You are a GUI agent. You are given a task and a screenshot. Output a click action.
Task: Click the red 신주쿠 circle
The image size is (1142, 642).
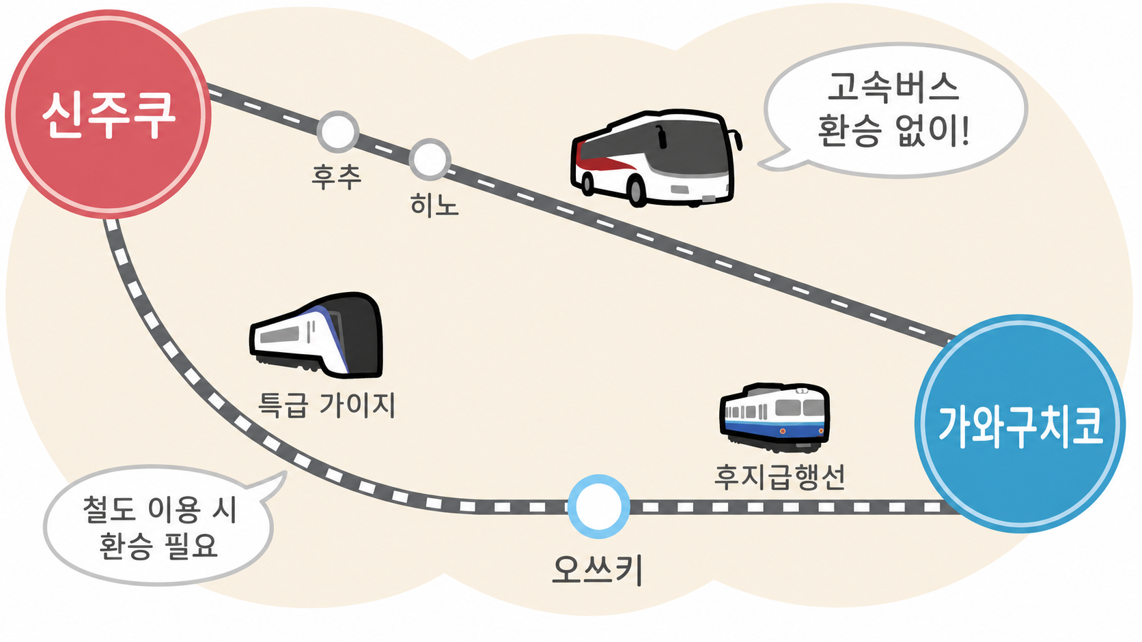click(108, 114)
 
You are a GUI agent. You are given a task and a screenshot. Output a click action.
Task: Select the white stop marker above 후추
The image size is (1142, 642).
click(337, 132)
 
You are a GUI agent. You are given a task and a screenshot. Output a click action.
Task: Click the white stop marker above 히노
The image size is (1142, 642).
click(430, 159)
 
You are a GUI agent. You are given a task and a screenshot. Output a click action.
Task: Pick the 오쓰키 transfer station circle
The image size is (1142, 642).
click(598, 507)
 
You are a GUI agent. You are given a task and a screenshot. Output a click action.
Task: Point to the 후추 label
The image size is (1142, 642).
click(337, 177)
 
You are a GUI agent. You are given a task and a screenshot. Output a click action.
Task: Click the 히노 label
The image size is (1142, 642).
click(434, 205)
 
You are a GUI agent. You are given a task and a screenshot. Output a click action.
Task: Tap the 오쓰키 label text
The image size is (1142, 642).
click(598, 570)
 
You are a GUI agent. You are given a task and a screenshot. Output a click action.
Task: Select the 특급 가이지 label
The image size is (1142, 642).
click(326, 405)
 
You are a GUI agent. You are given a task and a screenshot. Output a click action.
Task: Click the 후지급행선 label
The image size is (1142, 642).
click(779, 476)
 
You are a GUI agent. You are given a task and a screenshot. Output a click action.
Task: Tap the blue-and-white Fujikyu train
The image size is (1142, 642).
click(775, 418)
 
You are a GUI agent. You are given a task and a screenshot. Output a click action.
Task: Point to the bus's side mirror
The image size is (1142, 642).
click(738, 139)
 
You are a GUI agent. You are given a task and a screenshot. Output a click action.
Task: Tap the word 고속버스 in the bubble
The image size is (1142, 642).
click(893, 87)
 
